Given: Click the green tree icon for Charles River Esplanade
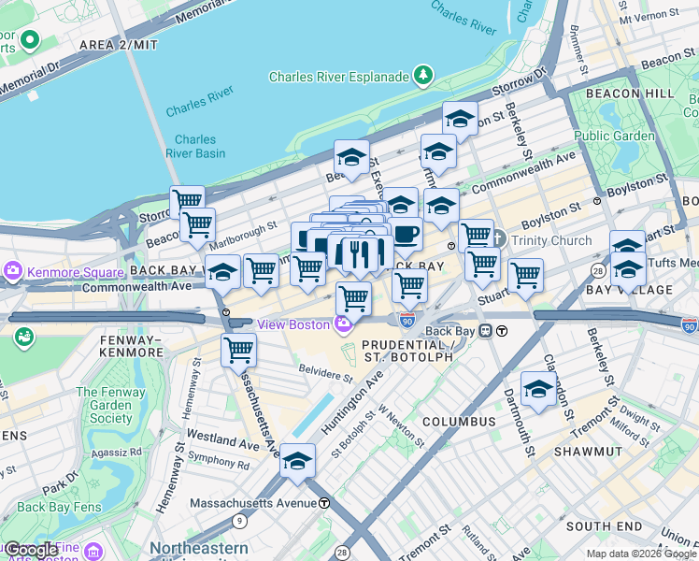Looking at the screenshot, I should tap(424, 75).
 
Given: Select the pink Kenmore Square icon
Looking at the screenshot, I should tap(13, 272).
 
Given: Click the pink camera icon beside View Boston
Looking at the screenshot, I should tap(343, 324).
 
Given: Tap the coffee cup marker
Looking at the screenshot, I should tap(405, 234).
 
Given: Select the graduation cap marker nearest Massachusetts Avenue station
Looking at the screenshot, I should tap(298, 462).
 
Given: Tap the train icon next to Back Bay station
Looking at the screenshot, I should tap(486, 330).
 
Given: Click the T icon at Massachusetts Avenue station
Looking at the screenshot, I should tap(324, 502).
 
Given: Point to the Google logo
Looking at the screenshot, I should tap(31, 550).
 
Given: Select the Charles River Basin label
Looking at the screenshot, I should tap(195, 147).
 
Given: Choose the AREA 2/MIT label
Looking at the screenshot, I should tap(119, 44).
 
